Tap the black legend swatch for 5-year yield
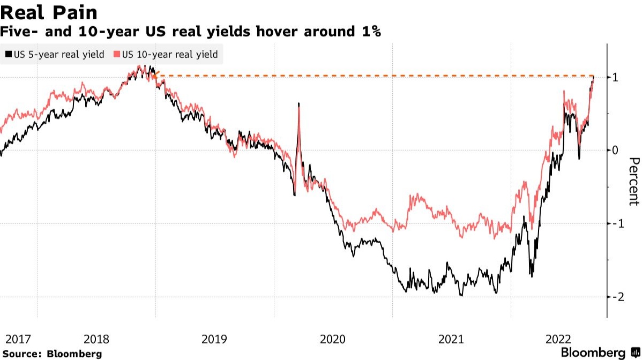click(x=8, y=55)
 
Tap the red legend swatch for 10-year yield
click(x=117, y=55)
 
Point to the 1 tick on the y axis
click(x=616, y=77)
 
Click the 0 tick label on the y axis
click(x=616, y=150)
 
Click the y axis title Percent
click(x=634, y=181)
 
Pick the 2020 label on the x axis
click(x=332, y=339)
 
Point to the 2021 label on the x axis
click(x=451, y=339)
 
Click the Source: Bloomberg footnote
click(x=51, y=354)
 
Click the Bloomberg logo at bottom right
click(x=598, y=352)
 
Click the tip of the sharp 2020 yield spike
click(x=298, y=103)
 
